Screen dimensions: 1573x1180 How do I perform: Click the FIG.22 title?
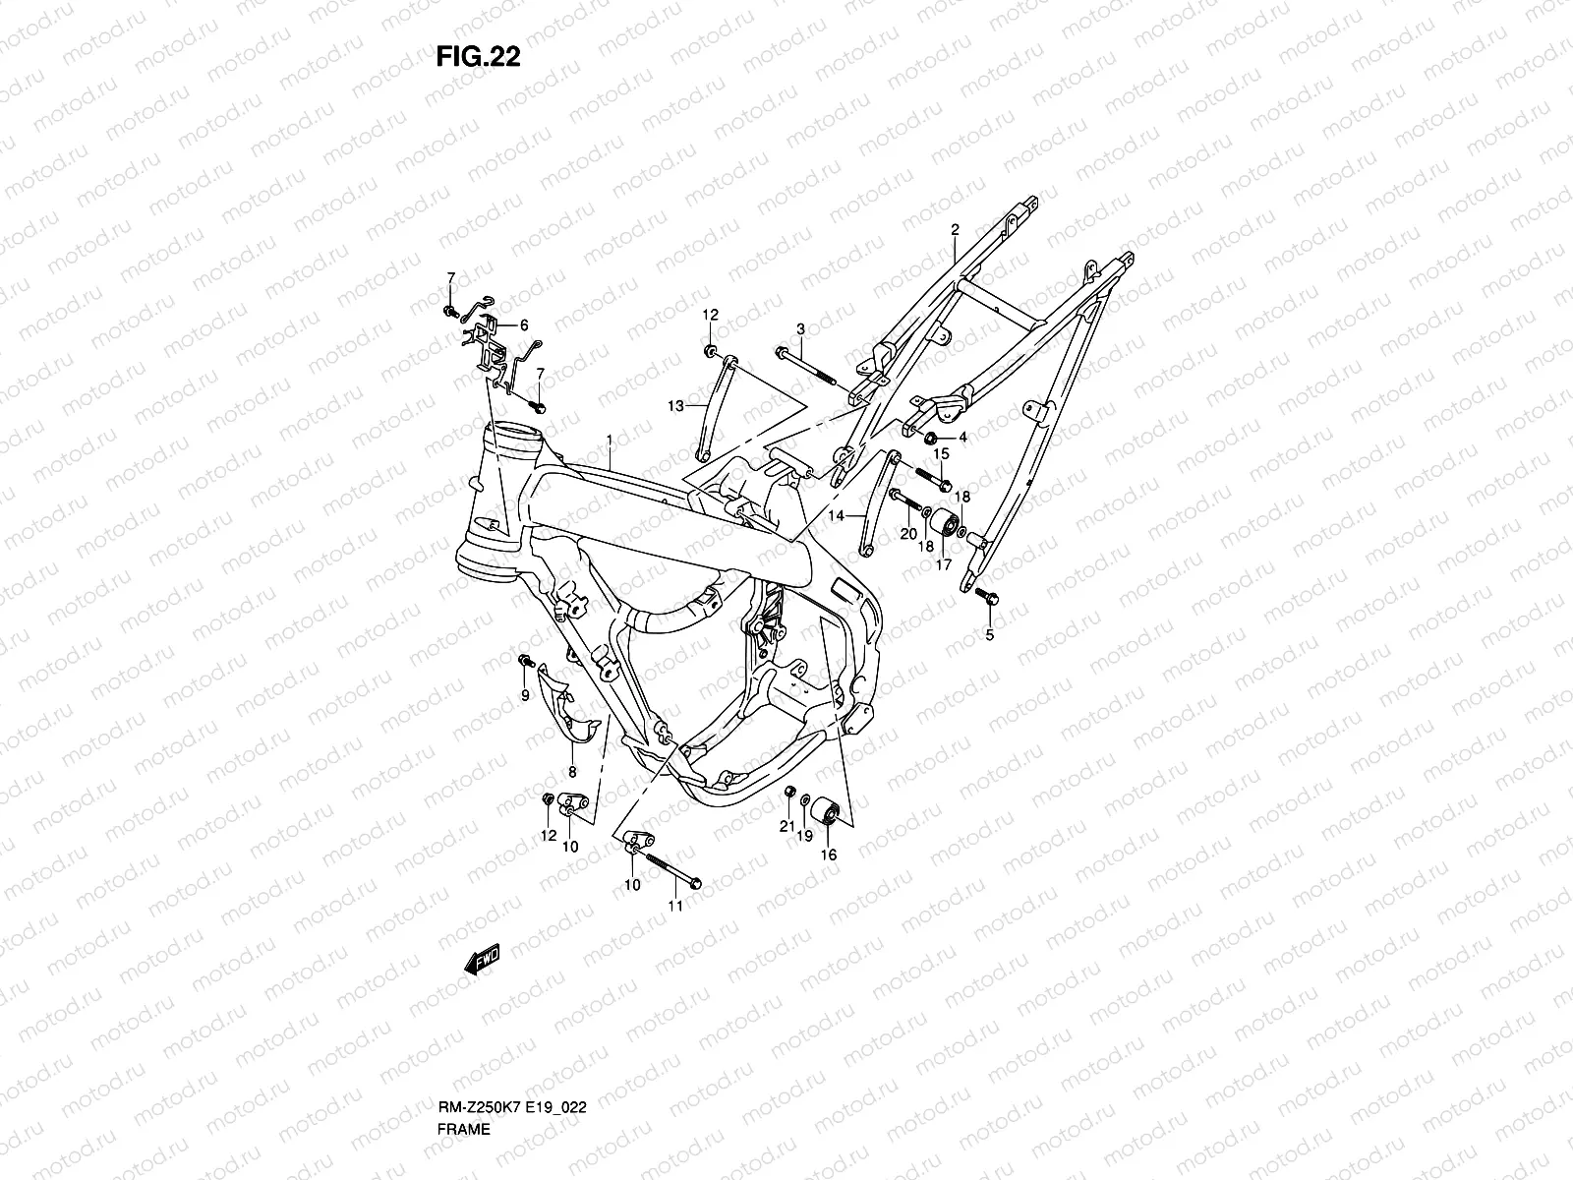[478, 56]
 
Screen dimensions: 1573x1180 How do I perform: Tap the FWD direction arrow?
[482, 959]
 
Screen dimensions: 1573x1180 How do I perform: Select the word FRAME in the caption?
[464, 1129]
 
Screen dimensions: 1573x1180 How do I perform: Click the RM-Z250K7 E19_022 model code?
[511, 1107]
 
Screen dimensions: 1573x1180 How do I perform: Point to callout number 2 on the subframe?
[955, 229]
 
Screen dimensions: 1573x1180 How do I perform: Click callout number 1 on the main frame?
[610, 440]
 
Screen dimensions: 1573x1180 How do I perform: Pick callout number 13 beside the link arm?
[675, 406]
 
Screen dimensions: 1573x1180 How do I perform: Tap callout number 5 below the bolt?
[990, 635]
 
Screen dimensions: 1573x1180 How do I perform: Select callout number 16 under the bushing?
[829, 855]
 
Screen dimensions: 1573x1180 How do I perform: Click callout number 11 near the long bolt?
[675, 906]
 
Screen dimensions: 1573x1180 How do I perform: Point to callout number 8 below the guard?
[572, 772]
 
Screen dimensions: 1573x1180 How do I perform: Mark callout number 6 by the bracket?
[524, 325]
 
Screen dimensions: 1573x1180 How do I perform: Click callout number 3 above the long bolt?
[800, 328]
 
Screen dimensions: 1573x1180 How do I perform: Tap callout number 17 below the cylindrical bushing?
[944, 564]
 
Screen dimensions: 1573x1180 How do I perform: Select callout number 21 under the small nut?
[786, 826]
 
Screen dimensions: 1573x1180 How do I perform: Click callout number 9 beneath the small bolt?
[525, 695]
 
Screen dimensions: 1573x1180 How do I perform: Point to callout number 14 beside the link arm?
[837, 515]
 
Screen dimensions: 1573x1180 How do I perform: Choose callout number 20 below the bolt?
[908, 534]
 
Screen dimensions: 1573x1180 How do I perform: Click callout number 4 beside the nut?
[962, 437]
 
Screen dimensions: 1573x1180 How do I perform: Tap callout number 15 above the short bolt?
[941, 453]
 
